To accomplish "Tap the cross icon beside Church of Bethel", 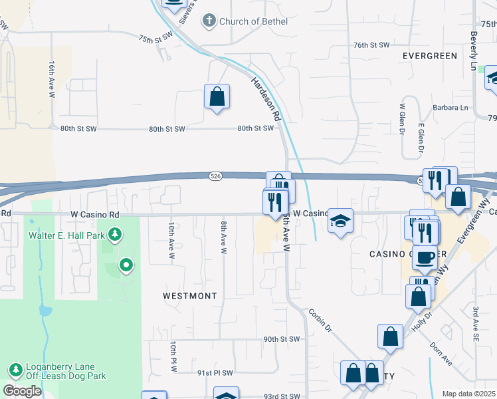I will [x=211, y=21].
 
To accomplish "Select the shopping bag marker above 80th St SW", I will [x=217, y=97].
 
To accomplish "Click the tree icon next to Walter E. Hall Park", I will [x=116, y=234].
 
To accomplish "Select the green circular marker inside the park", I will [x=126, y=266].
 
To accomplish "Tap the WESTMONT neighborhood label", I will [x=190, y=295].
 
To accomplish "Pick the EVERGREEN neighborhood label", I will [x=429, y=56].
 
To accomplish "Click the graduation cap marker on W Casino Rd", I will [x=340, y=221].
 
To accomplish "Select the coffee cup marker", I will [x=425, y=257].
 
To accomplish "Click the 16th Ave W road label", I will [x=51, y=80].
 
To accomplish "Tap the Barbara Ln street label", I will [x=450, y=107].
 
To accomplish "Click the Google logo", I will [x=22, y=391].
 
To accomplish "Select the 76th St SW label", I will [x=371, y=45].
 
